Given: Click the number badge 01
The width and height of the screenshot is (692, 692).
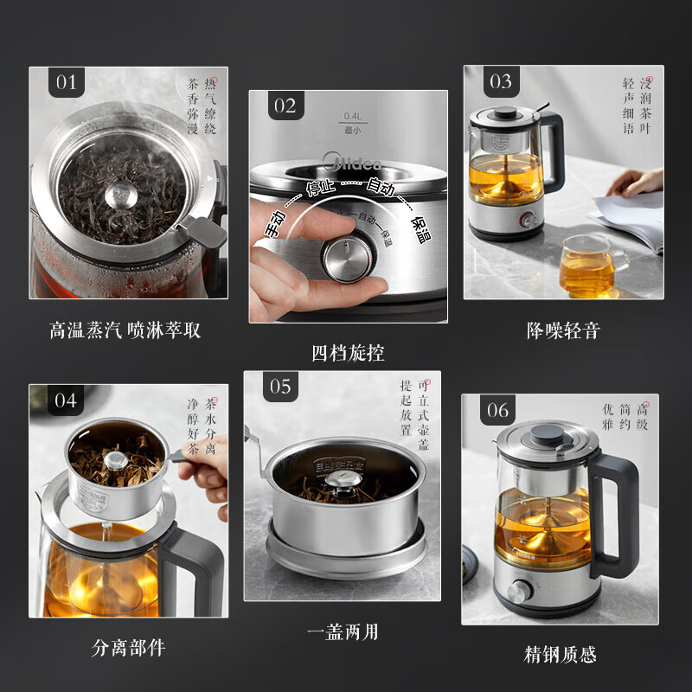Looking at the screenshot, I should click(x=67, y=83).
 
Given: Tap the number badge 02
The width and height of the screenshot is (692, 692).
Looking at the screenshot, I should click(x=285, y=106).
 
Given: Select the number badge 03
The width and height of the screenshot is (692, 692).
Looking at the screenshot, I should click(x=501, y=82).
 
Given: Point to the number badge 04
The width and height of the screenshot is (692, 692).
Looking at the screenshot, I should click(x=66, y=400).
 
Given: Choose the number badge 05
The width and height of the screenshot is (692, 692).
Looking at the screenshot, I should click(x=280, y=387).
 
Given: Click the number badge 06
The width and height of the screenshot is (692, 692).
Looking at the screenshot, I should click(x=498, y=410).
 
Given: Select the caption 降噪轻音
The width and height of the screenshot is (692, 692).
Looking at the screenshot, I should click(x=563, y=330).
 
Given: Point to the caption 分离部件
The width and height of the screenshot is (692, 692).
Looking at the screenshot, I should click(x=128, y=647).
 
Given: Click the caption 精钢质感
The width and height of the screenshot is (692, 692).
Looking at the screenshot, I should click(x=561, y=654).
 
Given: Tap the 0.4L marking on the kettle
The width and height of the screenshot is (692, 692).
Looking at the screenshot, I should click(x=351, y=117).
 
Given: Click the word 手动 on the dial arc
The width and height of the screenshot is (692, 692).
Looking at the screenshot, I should click(x=276, y=224).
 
